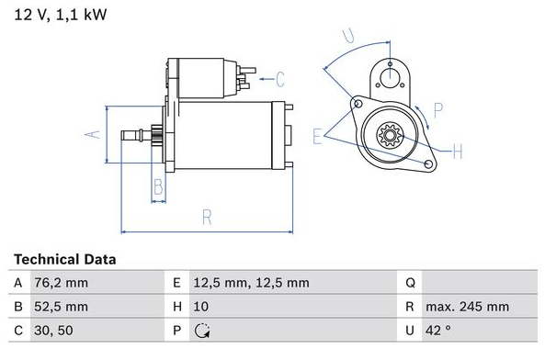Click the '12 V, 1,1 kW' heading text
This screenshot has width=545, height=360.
(x=61, y=15)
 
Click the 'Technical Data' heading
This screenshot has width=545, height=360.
(x=65, y=259)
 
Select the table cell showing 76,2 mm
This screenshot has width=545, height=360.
(x=62, y=283)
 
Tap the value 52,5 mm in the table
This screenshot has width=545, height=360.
(x=62, y=307)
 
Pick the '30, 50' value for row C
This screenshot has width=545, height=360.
(x=53, y=330)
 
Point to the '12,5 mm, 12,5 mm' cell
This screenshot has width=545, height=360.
(x=251, y=283)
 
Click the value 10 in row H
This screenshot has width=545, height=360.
(x=201, y=307)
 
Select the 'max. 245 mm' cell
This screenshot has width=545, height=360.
(x=467, y=307)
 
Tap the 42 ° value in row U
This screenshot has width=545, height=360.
(x=438, y=330)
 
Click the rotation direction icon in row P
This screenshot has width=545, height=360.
(x=202, y=331)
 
